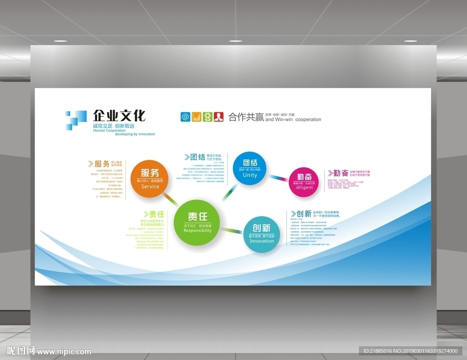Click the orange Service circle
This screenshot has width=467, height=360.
point(150,179)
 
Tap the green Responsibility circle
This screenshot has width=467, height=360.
point(197,223)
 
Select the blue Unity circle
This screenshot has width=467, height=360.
point(249,168)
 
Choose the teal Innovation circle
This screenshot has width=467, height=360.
point(262,234)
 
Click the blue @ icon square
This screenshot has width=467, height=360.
point(185,116)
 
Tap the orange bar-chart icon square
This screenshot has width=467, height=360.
point(197,116)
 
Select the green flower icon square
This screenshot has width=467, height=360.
point(208,116)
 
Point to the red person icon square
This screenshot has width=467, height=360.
point(219,116)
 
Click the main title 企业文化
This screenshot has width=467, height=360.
point(119,115)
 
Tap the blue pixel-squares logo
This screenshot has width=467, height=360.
point(75,120)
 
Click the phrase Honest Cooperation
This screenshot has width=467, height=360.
point(109,130)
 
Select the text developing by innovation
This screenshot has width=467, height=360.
point(135,134)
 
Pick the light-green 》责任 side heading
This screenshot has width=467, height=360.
point(153,214)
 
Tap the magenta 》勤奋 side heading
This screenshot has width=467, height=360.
point(338,173)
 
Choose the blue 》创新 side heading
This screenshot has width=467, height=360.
point(301,214)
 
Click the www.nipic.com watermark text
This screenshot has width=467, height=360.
point(64,351)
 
